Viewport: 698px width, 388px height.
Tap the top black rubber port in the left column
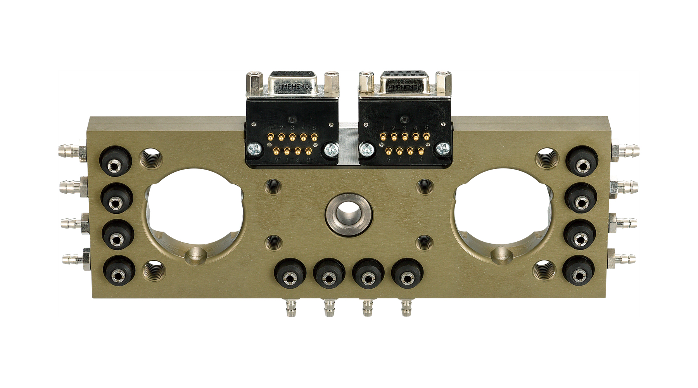115,166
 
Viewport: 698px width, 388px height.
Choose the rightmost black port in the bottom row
407,277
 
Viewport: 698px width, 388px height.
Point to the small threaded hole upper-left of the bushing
273,186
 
